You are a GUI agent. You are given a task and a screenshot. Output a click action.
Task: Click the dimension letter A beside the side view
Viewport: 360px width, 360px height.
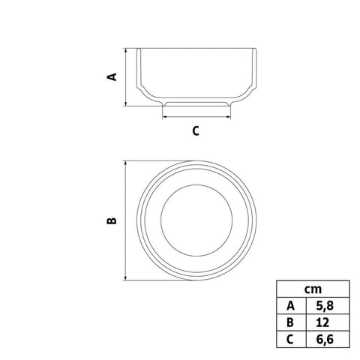pyautogui.click(x=112, y=77)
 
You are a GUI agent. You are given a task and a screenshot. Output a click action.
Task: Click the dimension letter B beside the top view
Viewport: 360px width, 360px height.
pyautogui.click(x=112, y=220)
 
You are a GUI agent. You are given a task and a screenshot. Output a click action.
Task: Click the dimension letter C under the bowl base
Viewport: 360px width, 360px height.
pyautogui.click(x=196, y=131)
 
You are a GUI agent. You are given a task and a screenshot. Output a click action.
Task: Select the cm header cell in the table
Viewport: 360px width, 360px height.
pyautogui.click(x=313, y=289)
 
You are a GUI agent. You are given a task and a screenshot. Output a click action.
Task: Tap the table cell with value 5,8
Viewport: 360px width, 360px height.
pyautogui.click(x=328, y=305)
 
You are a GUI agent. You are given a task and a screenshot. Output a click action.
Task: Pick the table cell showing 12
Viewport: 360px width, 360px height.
pyautogui.click(x=328, y=322)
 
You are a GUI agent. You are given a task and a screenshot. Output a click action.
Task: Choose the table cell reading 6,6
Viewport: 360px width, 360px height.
pyautogui.click(x=328, y=339)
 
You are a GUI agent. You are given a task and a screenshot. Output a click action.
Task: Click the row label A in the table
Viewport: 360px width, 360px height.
pyautogui.click(x=291, y=305)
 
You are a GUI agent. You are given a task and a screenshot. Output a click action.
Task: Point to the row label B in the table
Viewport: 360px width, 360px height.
pyautogui.click(x=291, y=322)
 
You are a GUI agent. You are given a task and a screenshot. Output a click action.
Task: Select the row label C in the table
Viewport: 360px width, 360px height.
pyautogui.click(x=291, y=339)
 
